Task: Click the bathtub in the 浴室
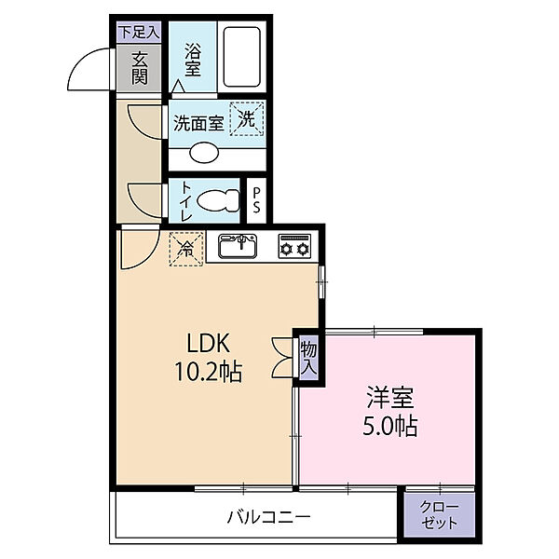(241, 57)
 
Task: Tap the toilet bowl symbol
(218, 200)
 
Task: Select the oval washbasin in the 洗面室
(204, 153)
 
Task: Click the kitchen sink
(238, 246)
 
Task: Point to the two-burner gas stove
(294, 246)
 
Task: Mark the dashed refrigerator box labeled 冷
(186, 249)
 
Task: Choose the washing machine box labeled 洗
(246, 118)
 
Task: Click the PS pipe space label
(257, 200)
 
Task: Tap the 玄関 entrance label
(140, 68)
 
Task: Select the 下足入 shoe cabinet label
(139, 32)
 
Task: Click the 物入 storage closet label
(308, 358)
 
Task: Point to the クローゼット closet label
(439, 515)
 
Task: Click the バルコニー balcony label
(269, 516)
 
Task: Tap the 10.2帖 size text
(208, 372)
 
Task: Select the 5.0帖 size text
(389, 426)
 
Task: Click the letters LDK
(208, 343)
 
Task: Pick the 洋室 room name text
(390, 397)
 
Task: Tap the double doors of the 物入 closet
(282, 358)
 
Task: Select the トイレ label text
(187, 200)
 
